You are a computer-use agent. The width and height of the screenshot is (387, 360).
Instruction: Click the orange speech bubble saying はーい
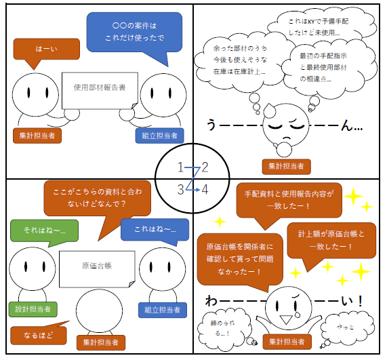pos(46,49)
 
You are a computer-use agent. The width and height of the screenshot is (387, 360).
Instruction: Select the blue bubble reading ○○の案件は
pos(134,32)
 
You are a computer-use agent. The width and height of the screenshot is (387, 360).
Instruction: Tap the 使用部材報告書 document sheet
pos(100,91)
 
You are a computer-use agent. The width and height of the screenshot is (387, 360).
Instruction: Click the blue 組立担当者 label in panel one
pos(160,136)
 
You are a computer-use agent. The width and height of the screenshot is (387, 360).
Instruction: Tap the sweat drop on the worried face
pos(270,110)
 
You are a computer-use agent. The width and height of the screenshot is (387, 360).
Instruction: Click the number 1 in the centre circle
pos(180,167)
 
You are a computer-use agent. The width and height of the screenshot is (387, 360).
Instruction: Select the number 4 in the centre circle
pos(205,190)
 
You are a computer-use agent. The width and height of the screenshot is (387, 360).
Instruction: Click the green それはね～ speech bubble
pos(45,231)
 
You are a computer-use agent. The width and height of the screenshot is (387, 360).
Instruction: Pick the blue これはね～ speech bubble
pos(155,229)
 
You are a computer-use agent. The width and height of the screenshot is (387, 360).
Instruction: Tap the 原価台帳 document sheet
pos(97,269)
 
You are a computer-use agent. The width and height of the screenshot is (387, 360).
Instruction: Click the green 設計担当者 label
pos(33,309)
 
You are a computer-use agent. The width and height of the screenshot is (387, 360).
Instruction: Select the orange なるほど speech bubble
pos(39,335)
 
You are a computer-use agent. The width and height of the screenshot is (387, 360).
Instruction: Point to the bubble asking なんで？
pos(97,198)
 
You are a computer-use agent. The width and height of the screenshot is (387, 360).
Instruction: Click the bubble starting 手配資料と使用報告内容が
pos(289,200)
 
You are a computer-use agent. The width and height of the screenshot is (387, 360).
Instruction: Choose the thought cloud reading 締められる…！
pos(224,327)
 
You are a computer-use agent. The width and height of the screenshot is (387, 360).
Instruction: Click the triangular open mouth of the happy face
pos(286,319)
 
